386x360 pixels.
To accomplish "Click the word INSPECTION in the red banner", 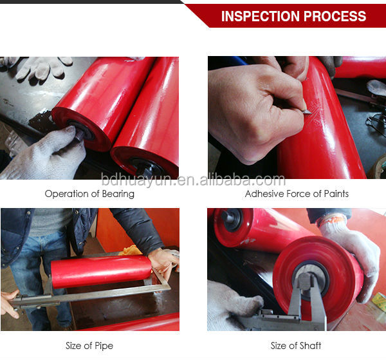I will [258, 16].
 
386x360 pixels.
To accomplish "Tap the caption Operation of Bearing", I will [89, 194].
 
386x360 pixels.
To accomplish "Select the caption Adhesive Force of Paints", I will [297, 194].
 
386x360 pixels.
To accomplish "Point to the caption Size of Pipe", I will [89, 346].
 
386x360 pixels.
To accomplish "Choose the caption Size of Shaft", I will [297, 346].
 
